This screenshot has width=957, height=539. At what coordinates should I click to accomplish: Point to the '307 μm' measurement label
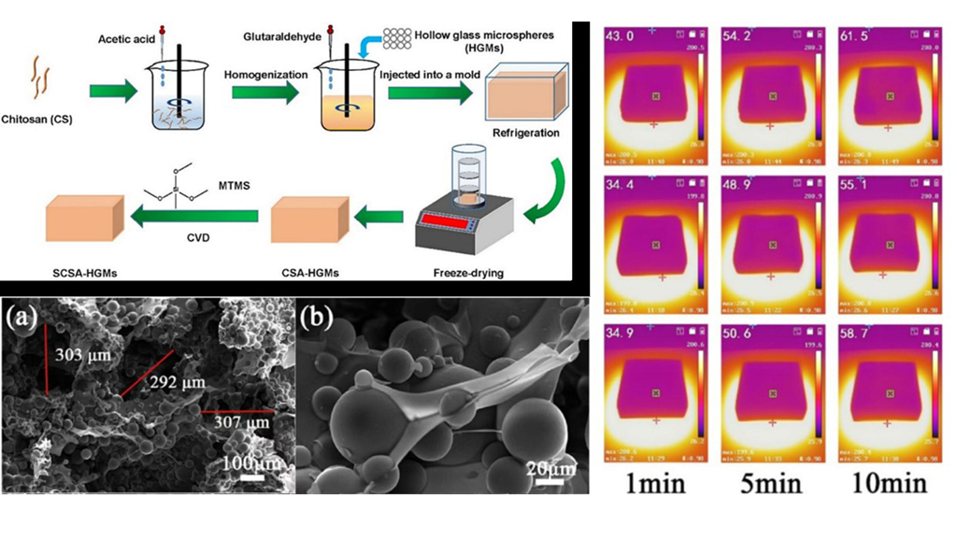point(240,423)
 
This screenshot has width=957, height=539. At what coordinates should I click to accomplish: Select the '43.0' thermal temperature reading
point(623,35)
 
